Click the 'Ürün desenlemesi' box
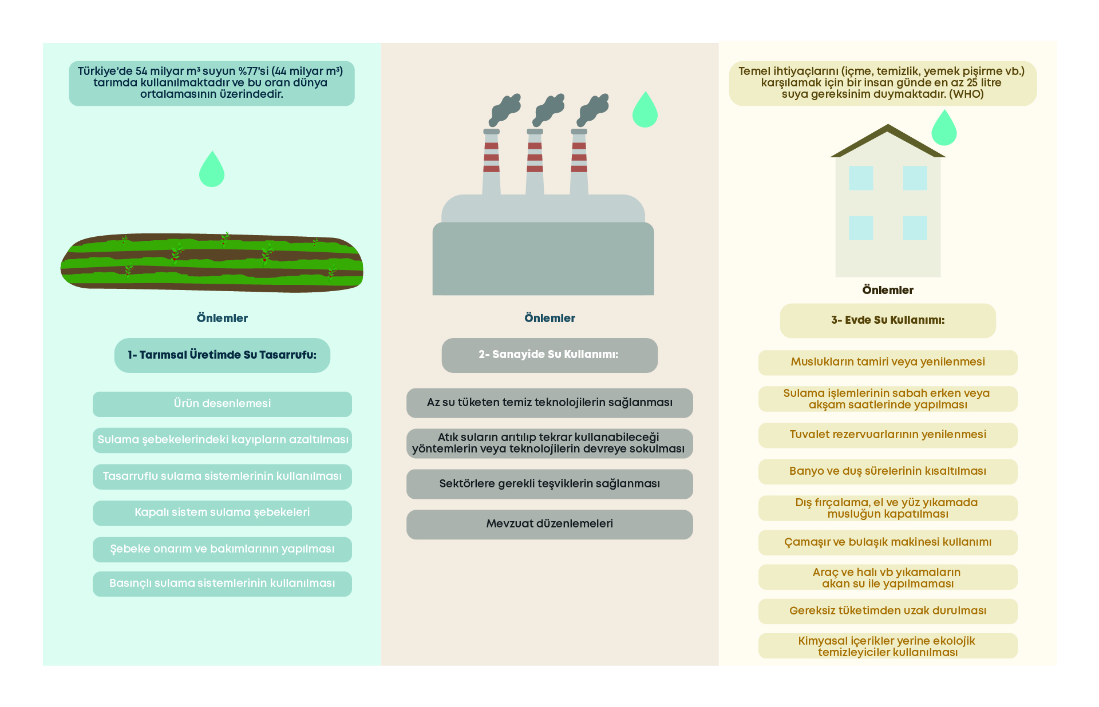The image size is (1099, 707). click(222, 404)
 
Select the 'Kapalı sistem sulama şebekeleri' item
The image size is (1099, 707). click(222, 513)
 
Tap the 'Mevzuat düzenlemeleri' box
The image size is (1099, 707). click(549, 524)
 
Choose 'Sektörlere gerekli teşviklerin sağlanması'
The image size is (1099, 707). click(549, 484)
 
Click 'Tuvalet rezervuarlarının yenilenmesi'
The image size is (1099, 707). click(888, 435)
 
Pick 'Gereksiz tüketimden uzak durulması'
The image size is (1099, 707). click(888, 611)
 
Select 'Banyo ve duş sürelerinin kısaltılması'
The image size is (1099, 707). click(888, 471)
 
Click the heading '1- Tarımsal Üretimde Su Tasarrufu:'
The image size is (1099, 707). click(222, 355)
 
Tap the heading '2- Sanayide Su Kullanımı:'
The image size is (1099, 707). click(549, 355)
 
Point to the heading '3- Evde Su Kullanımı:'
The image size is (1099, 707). click(888, 320)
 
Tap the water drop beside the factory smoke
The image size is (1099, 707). click(645, 111)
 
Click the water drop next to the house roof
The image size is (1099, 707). click(944, 129)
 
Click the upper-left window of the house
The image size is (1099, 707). click(861, 178)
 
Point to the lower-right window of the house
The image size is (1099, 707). click(915, 228)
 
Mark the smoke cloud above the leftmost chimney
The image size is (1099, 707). click(504, 109)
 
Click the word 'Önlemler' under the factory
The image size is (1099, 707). click(549, 319)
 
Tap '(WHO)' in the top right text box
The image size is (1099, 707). click(966, 94)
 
